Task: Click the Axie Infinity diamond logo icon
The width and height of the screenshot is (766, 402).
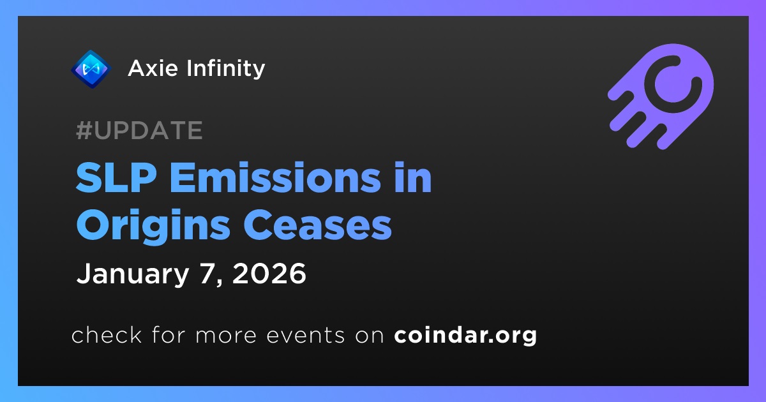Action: (91, 69)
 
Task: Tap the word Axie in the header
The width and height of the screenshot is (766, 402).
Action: (153, 68)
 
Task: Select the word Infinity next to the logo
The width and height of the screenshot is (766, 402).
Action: (226, 69)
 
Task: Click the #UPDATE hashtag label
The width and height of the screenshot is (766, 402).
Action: (140, 130)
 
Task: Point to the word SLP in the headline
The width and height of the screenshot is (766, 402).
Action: (116, 178)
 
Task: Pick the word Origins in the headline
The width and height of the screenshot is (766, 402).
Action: (153, 226)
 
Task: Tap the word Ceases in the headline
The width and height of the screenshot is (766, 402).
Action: (317, 226)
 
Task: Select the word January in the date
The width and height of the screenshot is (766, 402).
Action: (133, 274)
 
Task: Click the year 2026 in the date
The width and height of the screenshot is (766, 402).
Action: (269, 274)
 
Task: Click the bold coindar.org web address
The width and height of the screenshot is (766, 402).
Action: (465, 336)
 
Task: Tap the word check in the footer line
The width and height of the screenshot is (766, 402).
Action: (107, 334)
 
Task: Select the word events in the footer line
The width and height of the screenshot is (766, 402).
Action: (306, 336)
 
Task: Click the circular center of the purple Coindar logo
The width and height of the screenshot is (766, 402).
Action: (673, 84)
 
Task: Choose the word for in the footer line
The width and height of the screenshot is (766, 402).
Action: (169, 334)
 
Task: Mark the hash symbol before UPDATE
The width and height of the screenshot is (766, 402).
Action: (84, 130)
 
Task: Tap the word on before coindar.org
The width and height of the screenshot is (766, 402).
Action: (370, 336)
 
